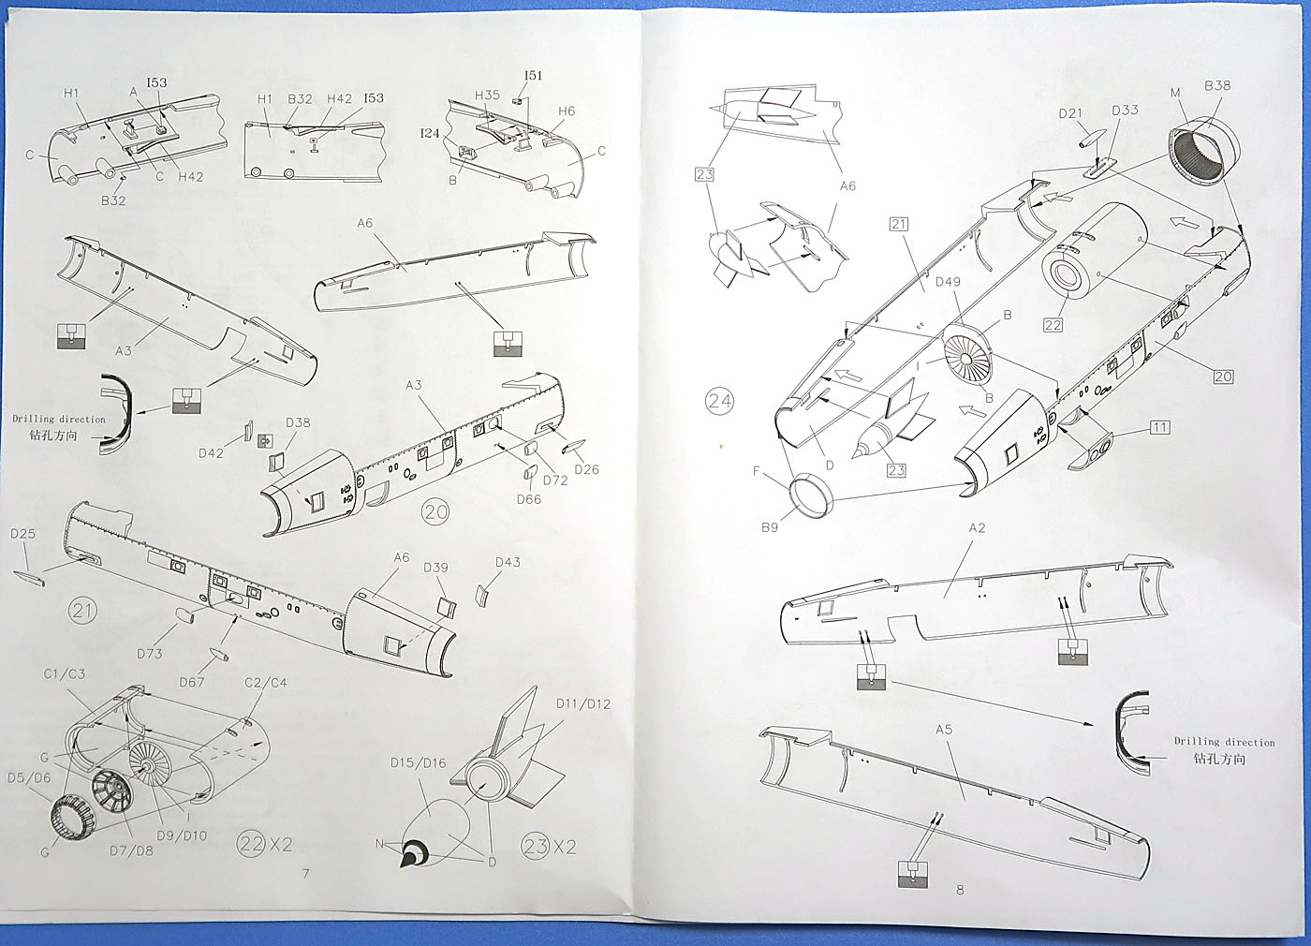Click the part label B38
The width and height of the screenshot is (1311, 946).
[x=1217, y=85]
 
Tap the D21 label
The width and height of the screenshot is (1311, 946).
[x=1070, y=113]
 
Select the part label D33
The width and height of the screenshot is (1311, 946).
[x=1125, y=111]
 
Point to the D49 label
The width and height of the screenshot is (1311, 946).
[x=948, y=282]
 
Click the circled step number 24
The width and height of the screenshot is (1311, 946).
[x=719, y=402]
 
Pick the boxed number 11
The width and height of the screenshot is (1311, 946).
[x=1160, y=427]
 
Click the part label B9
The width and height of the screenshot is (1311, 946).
[x=769, y=527]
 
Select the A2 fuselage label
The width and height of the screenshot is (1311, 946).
[x=977, y=528]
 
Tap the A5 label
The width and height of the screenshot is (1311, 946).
[x=944, y=730]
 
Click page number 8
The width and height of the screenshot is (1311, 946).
[x=959, y=891]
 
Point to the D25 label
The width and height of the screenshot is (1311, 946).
[x=22, y=534]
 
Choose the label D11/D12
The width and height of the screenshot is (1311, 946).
[x=582, y=704]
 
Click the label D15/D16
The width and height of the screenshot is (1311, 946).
[x=418, y=763]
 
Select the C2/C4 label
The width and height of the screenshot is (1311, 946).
[x=266, y=683]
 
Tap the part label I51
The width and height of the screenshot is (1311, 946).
[x=533, y=76]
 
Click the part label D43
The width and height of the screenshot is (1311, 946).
[x=508, y=562]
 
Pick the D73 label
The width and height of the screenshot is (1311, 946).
[x=149, y=654]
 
